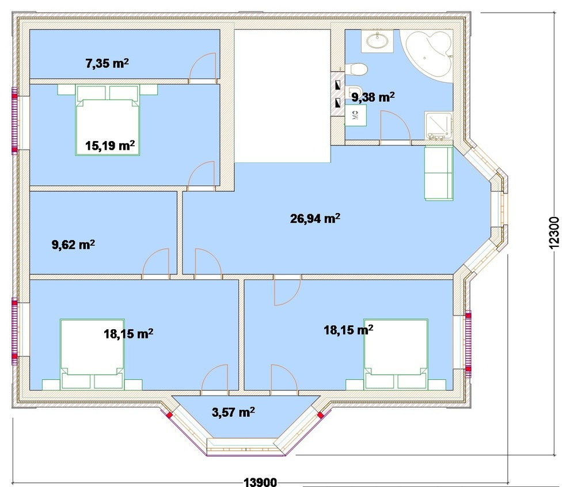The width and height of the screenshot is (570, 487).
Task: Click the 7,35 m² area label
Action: (x=107, y=63)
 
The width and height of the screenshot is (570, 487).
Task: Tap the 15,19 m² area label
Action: (x=110, y=146)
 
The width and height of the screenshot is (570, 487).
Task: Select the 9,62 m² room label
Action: (x=74, y=245)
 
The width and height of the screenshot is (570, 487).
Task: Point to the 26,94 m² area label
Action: (x=315, y=218)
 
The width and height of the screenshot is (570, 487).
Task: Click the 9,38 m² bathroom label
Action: (x=373, y=97)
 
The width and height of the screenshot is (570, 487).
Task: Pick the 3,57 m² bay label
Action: (x=233, y=412)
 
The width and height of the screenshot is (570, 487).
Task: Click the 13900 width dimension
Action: (x=260, y=482)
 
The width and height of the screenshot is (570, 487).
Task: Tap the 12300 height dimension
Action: (x=553, y=233)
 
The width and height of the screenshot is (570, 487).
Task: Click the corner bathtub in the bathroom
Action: (x=427, y=54)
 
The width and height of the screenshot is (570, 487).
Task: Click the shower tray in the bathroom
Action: (x=438, y=125)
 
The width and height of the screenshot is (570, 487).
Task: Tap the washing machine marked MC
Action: (x=355, y=115)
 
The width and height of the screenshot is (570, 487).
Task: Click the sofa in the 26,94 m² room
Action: (x=439, y=173)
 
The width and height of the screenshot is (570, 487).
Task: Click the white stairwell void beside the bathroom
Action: (x=283, y=96)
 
